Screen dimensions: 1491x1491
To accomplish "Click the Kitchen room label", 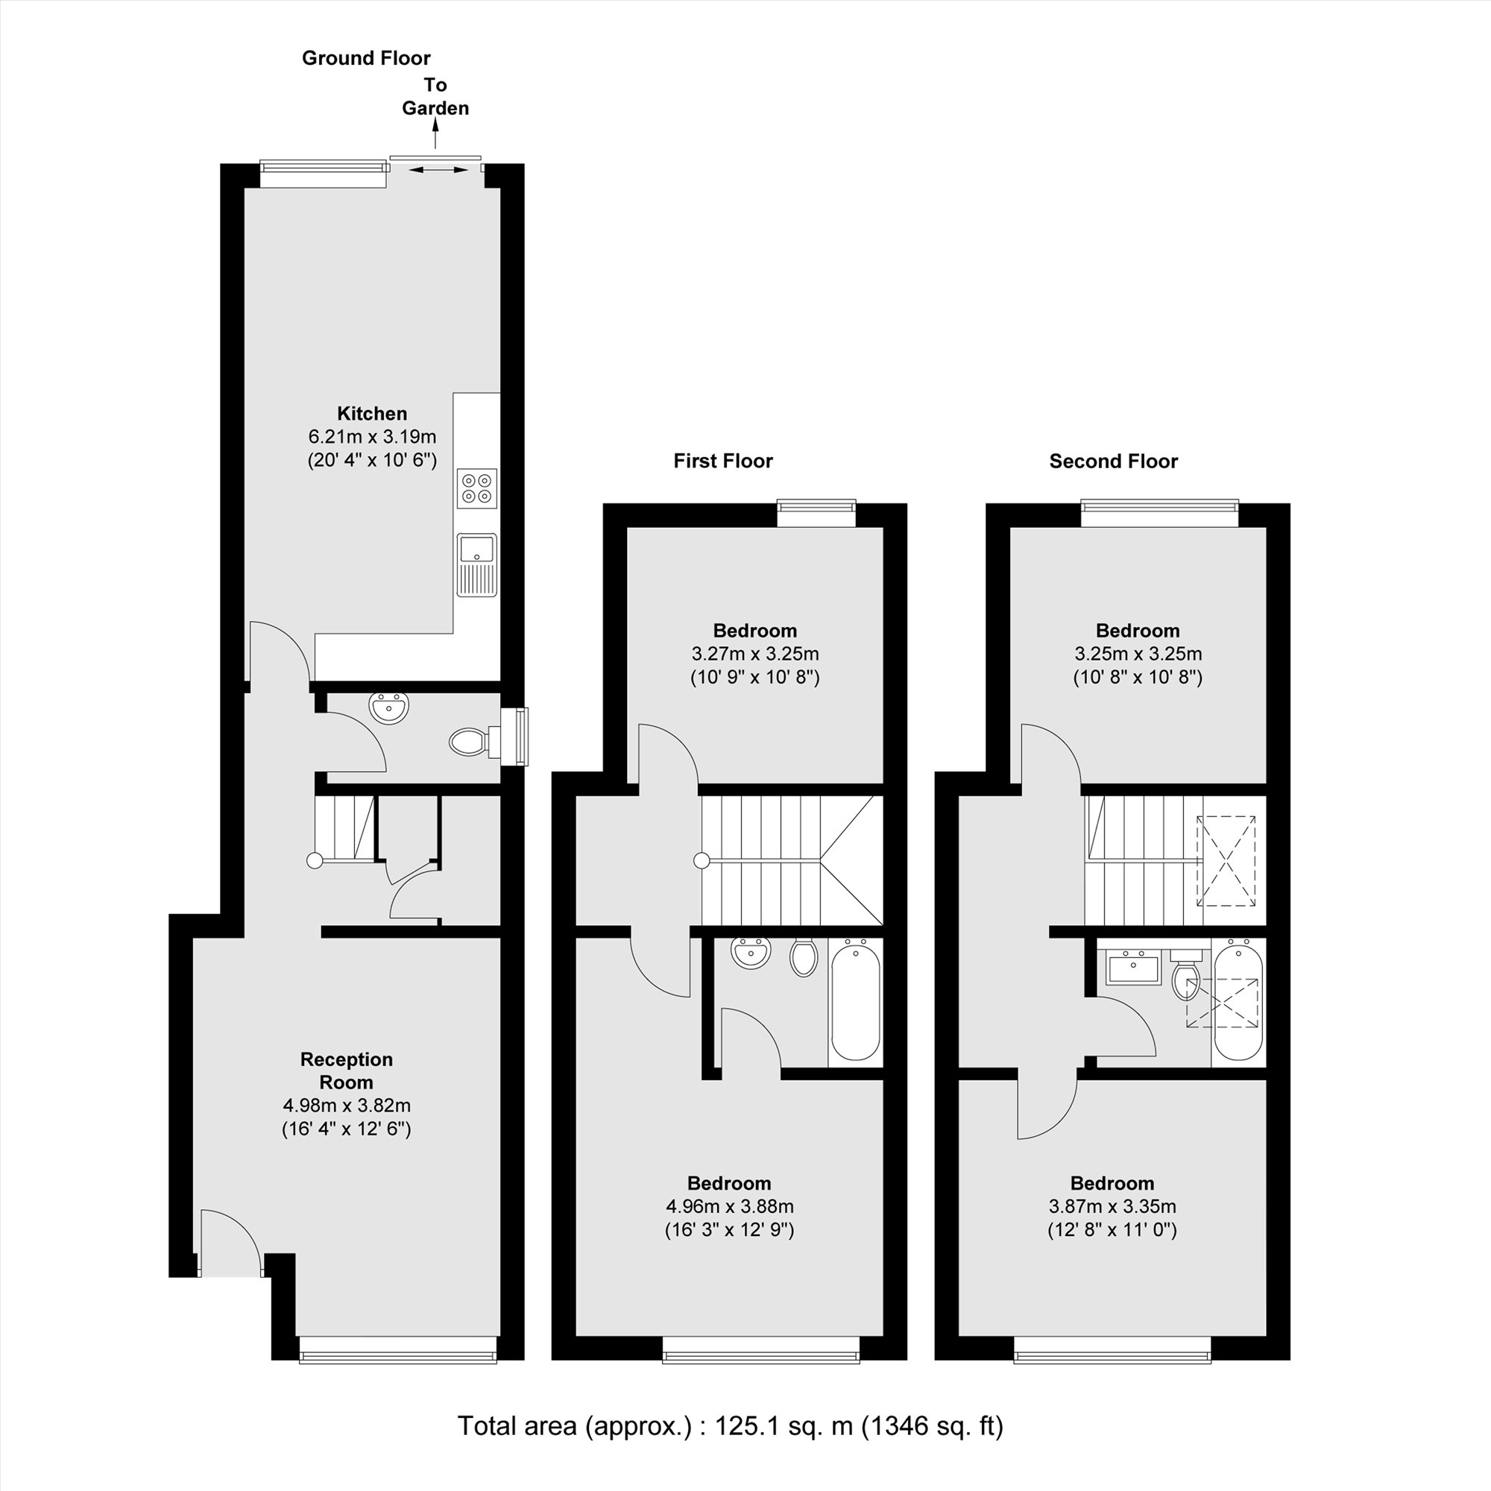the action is (372, 413).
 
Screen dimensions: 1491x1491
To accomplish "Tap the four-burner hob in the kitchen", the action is (477, 488).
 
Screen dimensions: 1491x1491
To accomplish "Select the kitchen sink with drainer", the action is (477, 565).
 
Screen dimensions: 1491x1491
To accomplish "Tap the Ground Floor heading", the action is (366, 58).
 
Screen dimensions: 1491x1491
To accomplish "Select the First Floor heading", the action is (723, 461).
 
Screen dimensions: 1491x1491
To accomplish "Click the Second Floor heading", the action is (1114, 461).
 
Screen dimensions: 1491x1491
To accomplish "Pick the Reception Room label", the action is (347, 1071).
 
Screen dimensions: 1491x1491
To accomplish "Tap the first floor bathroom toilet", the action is (804, 957).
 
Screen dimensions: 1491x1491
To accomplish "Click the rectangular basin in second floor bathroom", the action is (1134, 968).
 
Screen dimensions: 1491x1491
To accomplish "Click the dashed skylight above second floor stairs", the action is (1226, 860).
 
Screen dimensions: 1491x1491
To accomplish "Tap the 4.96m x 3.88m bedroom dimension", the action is (729, 1206).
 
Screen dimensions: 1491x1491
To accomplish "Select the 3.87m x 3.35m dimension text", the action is (1112, 1206).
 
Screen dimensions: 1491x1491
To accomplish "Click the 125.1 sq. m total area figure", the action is (784, 1425).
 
